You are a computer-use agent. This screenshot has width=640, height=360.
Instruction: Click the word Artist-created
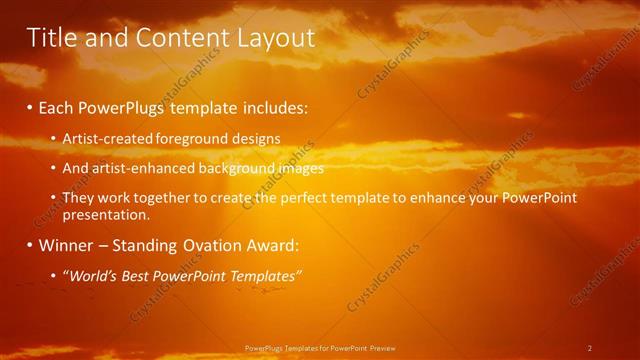103,137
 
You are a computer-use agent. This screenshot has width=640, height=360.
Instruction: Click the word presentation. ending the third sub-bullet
106,214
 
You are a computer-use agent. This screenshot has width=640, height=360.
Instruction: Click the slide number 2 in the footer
590,348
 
